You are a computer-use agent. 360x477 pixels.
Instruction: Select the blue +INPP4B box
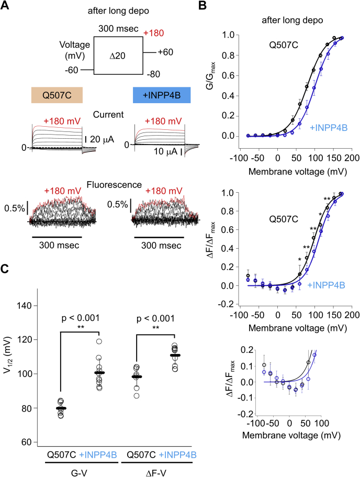[x=162, y=95]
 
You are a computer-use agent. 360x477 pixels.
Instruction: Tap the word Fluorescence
[x=107, y=184]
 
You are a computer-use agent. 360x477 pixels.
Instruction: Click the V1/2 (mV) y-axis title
[x=11, y=373]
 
